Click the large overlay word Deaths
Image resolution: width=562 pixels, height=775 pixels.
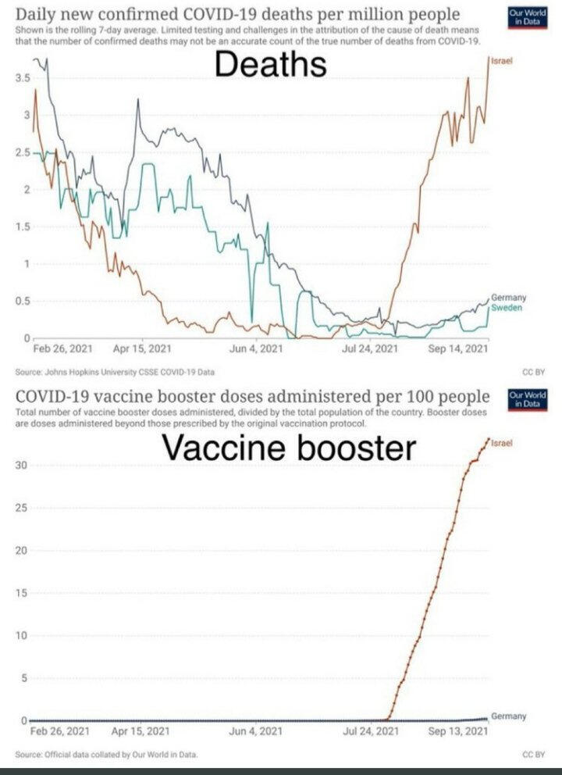tap(271, 64)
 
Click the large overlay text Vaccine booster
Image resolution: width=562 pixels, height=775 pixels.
tap(288, 448)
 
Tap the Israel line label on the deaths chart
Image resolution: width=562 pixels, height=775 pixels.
tap(501, 60)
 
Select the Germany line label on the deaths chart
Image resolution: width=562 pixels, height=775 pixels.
tap(507, 298)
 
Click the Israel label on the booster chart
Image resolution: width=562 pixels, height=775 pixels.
tap(502, 443)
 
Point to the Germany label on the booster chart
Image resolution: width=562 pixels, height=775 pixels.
tap(508, 716)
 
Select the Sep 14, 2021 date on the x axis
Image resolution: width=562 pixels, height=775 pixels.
tap(458, 349)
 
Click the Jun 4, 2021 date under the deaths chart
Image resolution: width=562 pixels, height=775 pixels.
tap(255, 349)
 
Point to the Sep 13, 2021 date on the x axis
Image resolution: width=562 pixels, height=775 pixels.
tap(458, 731)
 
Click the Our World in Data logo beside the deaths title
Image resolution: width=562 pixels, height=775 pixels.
tap(521, 17)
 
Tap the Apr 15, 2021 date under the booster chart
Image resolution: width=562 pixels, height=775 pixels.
tap(141, 731)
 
